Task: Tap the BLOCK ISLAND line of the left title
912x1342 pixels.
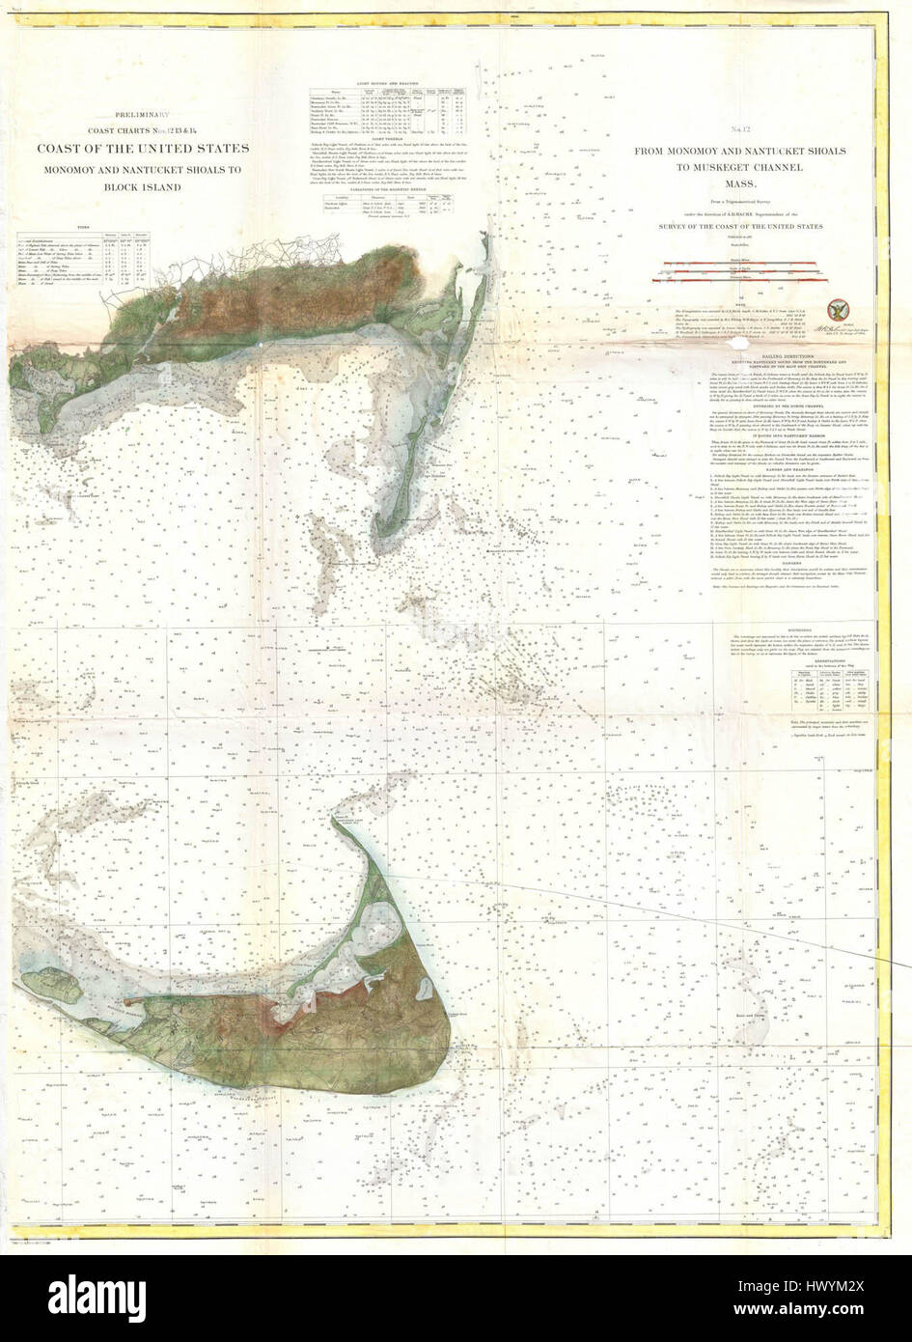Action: pyautogui.click(x=143, y=187)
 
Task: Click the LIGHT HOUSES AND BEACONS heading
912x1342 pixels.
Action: pyautogui.click(x=381, y=84)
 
